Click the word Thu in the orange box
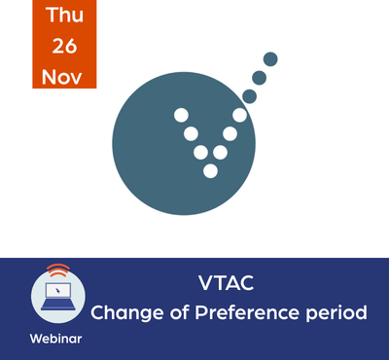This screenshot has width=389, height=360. point(64,15)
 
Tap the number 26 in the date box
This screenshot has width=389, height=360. point(64,46)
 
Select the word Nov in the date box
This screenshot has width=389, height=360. point(61,77)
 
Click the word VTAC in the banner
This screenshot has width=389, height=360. point(227,283)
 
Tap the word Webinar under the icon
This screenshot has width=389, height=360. point(55,339)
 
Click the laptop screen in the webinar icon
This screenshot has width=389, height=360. point(58,291)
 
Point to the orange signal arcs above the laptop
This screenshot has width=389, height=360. point(58,270)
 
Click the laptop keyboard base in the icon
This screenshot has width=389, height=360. point(58,305)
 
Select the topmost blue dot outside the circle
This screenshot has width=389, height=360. point(270,59)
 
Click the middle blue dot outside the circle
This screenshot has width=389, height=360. point(259,78)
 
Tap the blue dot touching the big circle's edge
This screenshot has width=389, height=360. point(249,96)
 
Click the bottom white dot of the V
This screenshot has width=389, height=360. point(210,171)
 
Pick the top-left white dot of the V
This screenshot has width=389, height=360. point(181,115)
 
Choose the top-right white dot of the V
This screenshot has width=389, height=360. point(239,115)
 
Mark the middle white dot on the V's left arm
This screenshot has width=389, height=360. point(191,133)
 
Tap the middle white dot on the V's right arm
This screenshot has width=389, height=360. point(230,133)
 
